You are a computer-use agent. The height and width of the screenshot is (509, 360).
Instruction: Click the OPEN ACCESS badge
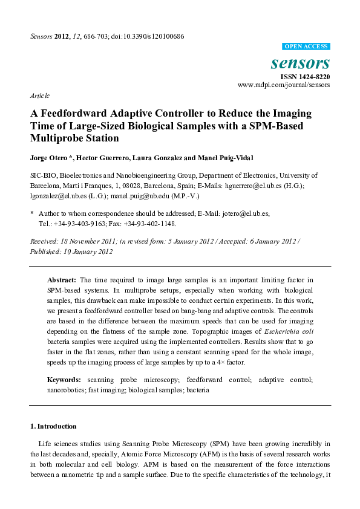click(306, 47)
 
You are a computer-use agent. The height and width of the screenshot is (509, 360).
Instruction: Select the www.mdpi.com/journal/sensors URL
click(284, 85)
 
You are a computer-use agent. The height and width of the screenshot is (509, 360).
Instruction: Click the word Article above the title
click(39, 96)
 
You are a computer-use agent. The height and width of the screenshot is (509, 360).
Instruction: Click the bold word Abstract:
click(62, 280)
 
